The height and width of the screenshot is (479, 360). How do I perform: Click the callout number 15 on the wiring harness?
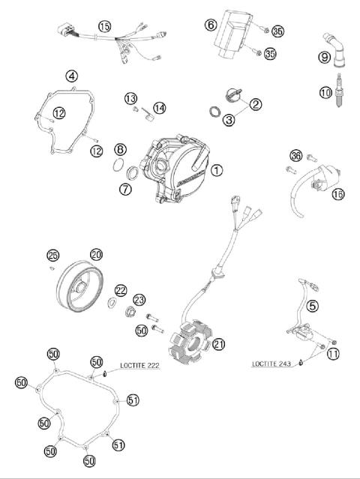pos(104,26)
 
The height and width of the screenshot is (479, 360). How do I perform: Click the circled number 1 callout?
pos(217,170)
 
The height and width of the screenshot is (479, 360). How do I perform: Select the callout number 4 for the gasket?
pos(72,76)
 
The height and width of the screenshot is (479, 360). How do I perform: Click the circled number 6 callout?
pos(211,25)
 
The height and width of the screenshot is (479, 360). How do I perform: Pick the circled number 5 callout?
pos(312,305)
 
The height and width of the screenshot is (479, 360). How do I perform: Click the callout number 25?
pos(52,254)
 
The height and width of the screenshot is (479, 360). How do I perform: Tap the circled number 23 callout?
pos(139,300)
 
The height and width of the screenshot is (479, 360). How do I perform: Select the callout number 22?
pos(121,291)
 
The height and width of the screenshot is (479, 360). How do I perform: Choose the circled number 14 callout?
pos(160,109)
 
